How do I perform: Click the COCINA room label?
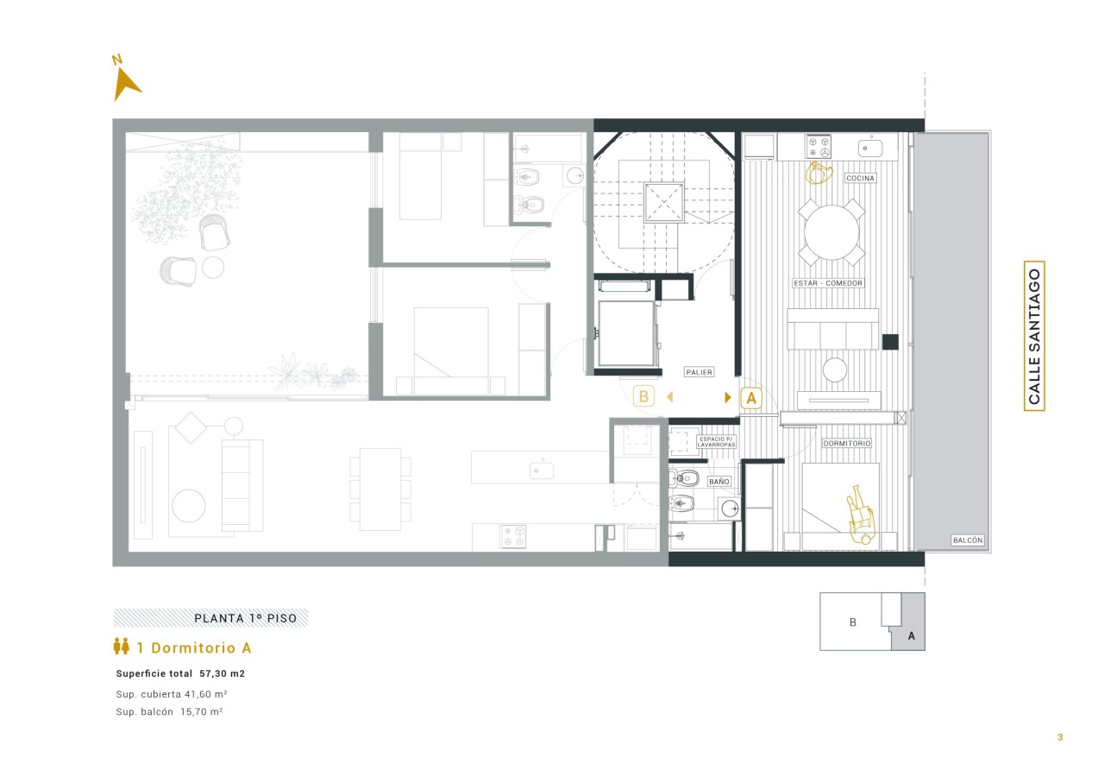click(x=860, y=178)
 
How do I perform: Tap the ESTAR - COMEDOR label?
click(x=828, y=283)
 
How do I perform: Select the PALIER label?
click(x=699, y=372)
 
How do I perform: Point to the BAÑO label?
click(x=719, y=482)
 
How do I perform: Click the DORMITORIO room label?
click(x=846, y=444)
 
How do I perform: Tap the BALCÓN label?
click(x=968, y=540)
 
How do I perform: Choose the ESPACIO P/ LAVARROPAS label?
click(x=716, y=442)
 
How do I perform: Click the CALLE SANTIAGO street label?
click(x=1034, y=336)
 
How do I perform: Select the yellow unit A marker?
click(x=751, y=398)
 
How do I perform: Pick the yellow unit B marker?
click(x=643, y=396)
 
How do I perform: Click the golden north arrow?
click(x=124, y=84)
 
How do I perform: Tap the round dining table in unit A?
click(x=831, y=232)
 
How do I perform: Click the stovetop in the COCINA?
click(x=818, y=147)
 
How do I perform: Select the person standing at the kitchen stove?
click(x=819, y=174)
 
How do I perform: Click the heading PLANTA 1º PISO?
click(x=246, y=618)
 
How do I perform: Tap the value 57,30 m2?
click(x=222, y=673)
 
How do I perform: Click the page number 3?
click(x=1060, y=736)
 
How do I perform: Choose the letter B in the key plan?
click(x=853, y=622)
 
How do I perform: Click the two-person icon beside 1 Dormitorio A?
click(x=122, y=646)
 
